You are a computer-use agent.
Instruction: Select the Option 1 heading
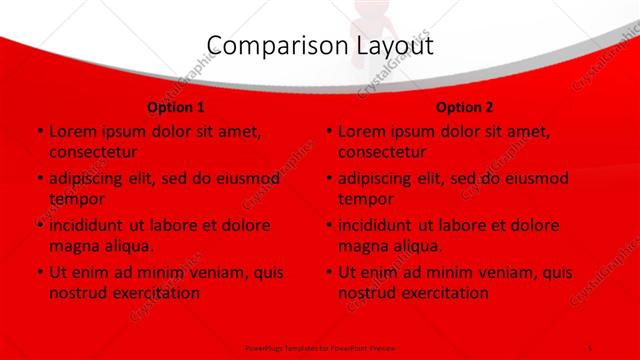click(176, 107)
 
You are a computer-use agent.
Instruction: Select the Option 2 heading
click(465, 107)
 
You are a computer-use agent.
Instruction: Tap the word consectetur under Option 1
click(92, 152)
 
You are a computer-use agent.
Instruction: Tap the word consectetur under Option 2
click(382, 152)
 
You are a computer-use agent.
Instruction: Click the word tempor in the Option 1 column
click(76, 199)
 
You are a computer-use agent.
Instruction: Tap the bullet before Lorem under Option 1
click(38, 131)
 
